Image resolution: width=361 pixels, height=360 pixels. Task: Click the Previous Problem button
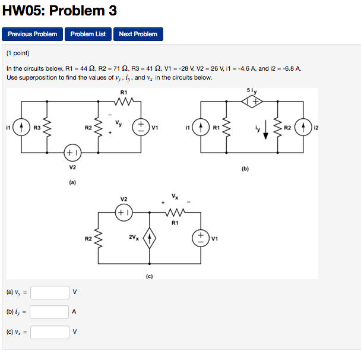point(33,34)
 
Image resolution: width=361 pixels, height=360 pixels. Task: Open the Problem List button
point(88,34)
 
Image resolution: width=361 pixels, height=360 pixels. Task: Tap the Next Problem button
point(138,34)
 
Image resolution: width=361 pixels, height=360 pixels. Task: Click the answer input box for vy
point(50,292)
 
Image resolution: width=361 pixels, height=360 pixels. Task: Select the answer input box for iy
point(50,312)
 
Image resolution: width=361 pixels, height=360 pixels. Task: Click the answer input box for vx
point(50,332)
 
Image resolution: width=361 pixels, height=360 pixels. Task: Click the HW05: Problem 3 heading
point(59,11)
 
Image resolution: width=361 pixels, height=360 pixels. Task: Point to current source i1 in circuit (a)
point(22,127)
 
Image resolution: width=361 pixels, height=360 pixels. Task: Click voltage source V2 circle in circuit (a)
point(72,152)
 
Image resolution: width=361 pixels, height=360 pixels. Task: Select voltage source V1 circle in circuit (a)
point(141,127)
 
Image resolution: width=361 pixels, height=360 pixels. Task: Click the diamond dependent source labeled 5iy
point(252,102)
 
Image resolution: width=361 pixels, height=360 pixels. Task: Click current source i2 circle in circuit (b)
point(303,127)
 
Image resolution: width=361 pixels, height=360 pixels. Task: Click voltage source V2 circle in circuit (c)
point(123,211)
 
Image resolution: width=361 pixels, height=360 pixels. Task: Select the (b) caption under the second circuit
point(245,168)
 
